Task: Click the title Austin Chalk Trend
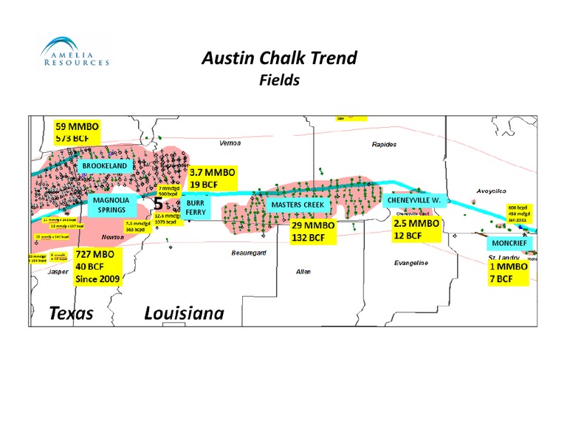[x=279, y=59]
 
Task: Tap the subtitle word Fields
[x=279, y=80]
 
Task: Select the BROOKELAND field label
[x=108, y=166]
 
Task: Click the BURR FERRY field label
[x=196, y=206]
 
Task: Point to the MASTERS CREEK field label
[x=298, y=205]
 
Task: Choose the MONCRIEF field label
[x=509, y=243]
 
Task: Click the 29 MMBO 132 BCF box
[x=313, y=231]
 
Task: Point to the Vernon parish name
[x=230, y=142]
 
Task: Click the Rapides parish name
[x=384, y=144]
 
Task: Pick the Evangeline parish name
[x=412, y=263]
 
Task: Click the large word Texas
[x=72, y=313]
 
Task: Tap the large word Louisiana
[x=184, y=313]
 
